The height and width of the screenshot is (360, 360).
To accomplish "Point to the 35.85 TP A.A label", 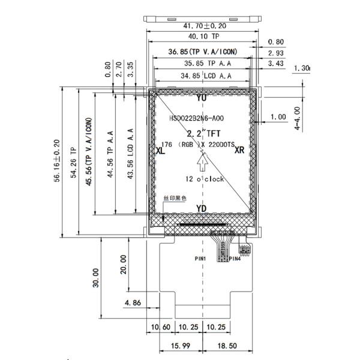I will (202, 64).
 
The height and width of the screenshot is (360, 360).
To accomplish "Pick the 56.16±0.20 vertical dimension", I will (57, 163).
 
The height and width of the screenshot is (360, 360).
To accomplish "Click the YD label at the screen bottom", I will (202, 208).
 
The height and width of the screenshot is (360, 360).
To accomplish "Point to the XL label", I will (160, 152).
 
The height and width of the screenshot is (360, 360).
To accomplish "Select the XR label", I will (239, 150).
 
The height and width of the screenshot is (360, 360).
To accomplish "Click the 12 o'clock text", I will (204, 179).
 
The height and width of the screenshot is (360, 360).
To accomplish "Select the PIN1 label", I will (200, 259).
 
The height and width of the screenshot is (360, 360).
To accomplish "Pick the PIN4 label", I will (234, 259).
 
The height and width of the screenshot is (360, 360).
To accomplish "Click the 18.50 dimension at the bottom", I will (229, 347).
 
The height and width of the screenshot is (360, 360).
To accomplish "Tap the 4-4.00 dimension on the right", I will (296, 119).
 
